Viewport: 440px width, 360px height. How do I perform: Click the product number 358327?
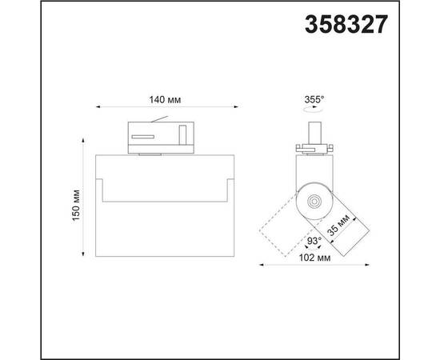pyautogui.click(x=346, y=25)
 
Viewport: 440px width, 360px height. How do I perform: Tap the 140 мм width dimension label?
pyautogui.click(x=165, y=100)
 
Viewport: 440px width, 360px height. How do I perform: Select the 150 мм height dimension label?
pyautogui.click(x=76, y=206)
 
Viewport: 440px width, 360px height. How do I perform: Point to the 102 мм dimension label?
pyautogui.click(x=314, y=258)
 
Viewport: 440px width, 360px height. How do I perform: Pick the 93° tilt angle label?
pyautogui.click(x=314, y=241)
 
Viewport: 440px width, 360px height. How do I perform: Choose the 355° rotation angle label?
pyautogui.click(x=314, y=99)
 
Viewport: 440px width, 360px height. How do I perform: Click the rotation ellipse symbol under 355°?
pyautogui.click(x=313, y=110)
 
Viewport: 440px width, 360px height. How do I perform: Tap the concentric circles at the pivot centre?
pyautogui.click(x=314, y=201)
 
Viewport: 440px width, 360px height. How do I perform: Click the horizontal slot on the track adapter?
pyautogui.click(x=143, y=137)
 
